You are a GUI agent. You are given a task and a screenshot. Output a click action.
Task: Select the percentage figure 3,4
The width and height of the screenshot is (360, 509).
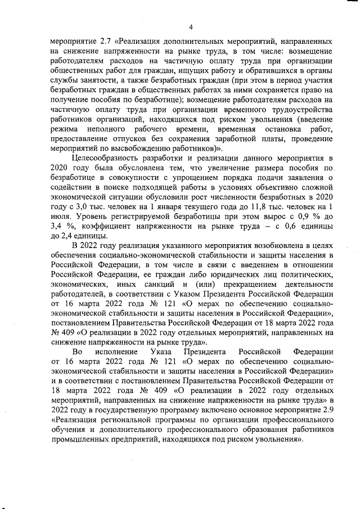(57, 227)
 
